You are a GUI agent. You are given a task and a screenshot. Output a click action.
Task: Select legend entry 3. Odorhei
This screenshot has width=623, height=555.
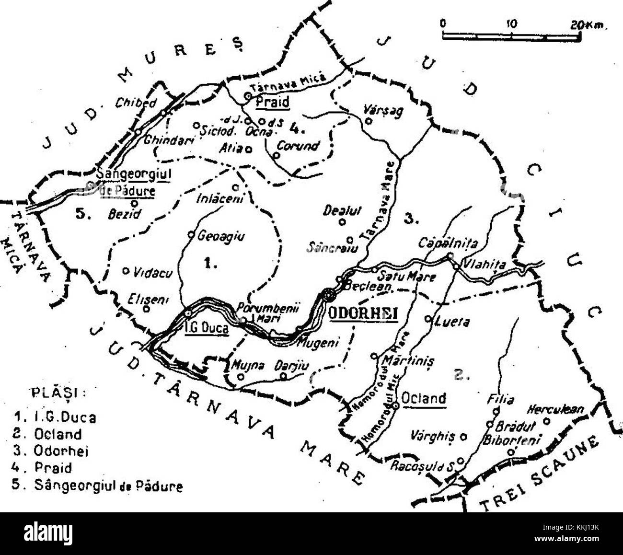coord(53,451)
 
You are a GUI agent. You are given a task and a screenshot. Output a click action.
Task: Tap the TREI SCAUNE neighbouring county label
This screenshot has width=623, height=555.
coord(542,473)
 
